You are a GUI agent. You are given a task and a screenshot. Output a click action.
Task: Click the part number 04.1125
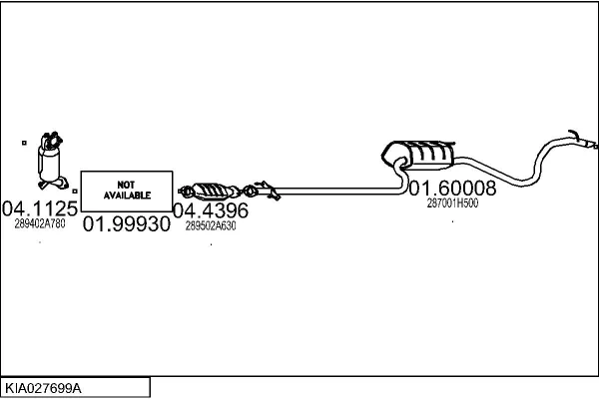pyautogui.click(x=40, y=208)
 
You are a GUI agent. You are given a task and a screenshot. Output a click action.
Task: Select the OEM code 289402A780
pyautogui.click(x=40, y=224)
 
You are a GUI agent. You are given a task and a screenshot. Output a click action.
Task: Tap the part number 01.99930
pyautogui.click(x=126, y=224)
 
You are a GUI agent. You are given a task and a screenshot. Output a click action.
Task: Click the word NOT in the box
pyautogui.click(x=126, y=185)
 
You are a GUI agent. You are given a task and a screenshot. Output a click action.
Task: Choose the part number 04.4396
pyautogui.click(x=211, y=210)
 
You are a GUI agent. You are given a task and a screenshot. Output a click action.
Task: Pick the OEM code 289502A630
pyautogui.click(x=211, y=226)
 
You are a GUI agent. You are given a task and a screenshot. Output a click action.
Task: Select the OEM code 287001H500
pyautogui.click(x=452, y=202)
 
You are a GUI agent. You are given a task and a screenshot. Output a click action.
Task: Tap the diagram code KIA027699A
pyautogui.click(x=45, y=387)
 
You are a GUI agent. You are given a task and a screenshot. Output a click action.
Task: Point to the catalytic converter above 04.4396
pyautogui.click(x=212, y=191)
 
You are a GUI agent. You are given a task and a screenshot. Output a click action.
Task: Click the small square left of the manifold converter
pyautogui.click(x=23, y=144)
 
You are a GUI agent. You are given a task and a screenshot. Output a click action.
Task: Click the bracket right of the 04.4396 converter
pyautogui.click(x=264, y=186)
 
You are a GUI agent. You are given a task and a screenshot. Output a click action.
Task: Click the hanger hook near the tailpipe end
pyautogui.click(x=573, y=134)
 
